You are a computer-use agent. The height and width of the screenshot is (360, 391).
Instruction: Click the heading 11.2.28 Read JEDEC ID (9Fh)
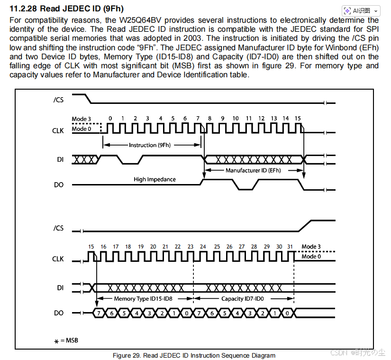(66, 9)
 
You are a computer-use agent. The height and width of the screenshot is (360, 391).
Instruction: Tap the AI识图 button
(361, 10)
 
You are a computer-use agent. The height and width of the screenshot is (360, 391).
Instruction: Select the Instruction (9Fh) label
(149, 145)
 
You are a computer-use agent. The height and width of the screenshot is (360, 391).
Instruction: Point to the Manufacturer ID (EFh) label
(253, 170)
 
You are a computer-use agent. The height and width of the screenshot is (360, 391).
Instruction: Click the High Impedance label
(155, 179)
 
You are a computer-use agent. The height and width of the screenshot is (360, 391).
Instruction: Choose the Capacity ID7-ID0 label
(242, 299)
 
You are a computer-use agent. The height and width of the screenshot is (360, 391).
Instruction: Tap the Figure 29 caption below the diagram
(193, 355)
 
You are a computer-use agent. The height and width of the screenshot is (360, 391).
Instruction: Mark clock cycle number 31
(290, 247)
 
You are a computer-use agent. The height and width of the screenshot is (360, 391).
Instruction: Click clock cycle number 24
(203, 247)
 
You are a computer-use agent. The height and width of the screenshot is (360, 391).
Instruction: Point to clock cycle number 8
(210, 118)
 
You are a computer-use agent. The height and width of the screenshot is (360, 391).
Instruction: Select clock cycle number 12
(261, 118)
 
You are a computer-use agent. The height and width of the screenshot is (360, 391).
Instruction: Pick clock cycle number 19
(140, 247)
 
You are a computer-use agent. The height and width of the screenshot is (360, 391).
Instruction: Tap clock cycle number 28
(254, 247)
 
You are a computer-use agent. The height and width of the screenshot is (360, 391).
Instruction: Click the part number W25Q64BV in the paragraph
(141, 20)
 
